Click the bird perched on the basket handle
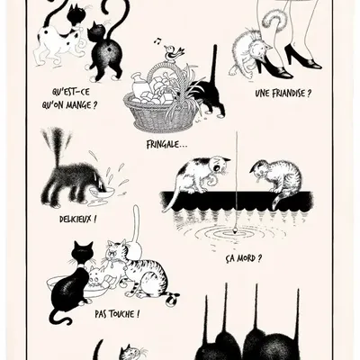(x=173, y=56)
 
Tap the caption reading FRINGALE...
(x=167, y=141)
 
